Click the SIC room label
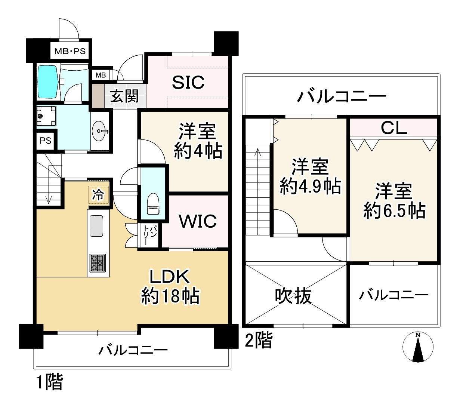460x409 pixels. click(188, 82)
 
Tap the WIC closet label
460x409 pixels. click(198, 221)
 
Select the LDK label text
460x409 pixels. click(170, 277)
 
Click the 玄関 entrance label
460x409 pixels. click(124, 96)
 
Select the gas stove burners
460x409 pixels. click(98, 263)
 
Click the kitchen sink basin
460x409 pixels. click(96, 226)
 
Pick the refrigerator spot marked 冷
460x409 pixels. click(98, 195)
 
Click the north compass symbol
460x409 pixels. click(418, 347)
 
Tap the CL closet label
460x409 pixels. click(393, 128)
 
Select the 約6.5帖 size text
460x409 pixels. click(394, 211)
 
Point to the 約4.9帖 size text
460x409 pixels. click(310, 186)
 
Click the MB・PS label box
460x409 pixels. click(70, 51)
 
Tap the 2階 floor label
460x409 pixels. click(259, 340)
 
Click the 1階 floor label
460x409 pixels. click(49, 382)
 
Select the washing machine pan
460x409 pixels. click(46, 116)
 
